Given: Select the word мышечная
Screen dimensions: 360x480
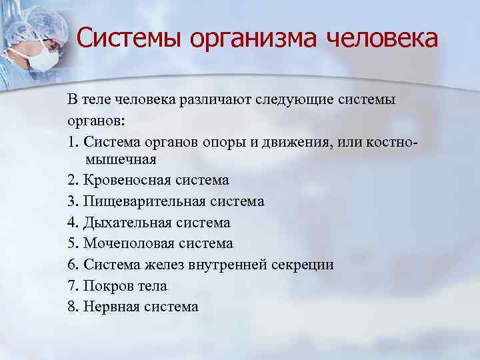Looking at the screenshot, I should [x=121, y=159].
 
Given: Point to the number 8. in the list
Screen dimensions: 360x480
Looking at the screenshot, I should [x=73, y=307].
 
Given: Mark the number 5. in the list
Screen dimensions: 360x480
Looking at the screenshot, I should [x=73, y=243].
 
